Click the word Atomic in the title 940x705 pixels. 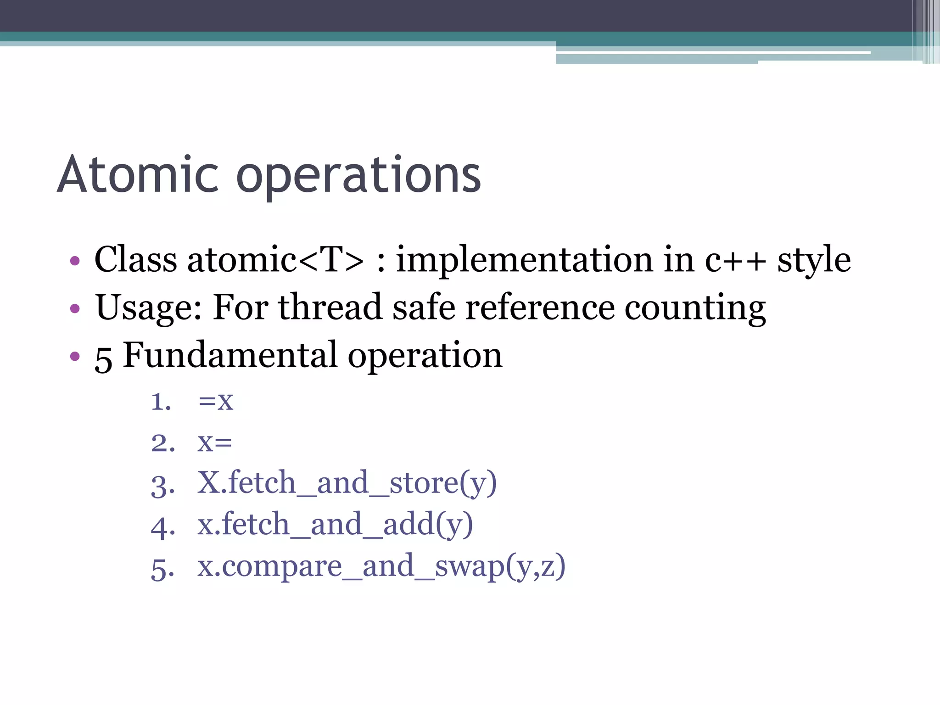click(138, 175)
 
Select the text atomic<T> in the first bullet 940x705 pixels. click(275, 260)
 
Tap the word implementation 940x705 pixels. click(523, 260)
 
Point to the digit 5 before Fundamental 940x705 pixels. click(103, 358)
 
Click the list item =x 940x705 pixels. click(216, 401)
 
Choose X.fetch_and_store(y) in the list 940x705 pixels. click(347, 483)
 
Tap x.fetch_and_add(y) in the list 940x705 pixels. click(335, 525)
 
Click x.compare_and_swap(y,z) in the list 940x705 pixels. click(381, 566)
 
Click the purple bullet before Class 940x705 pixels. click(75, 261)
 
